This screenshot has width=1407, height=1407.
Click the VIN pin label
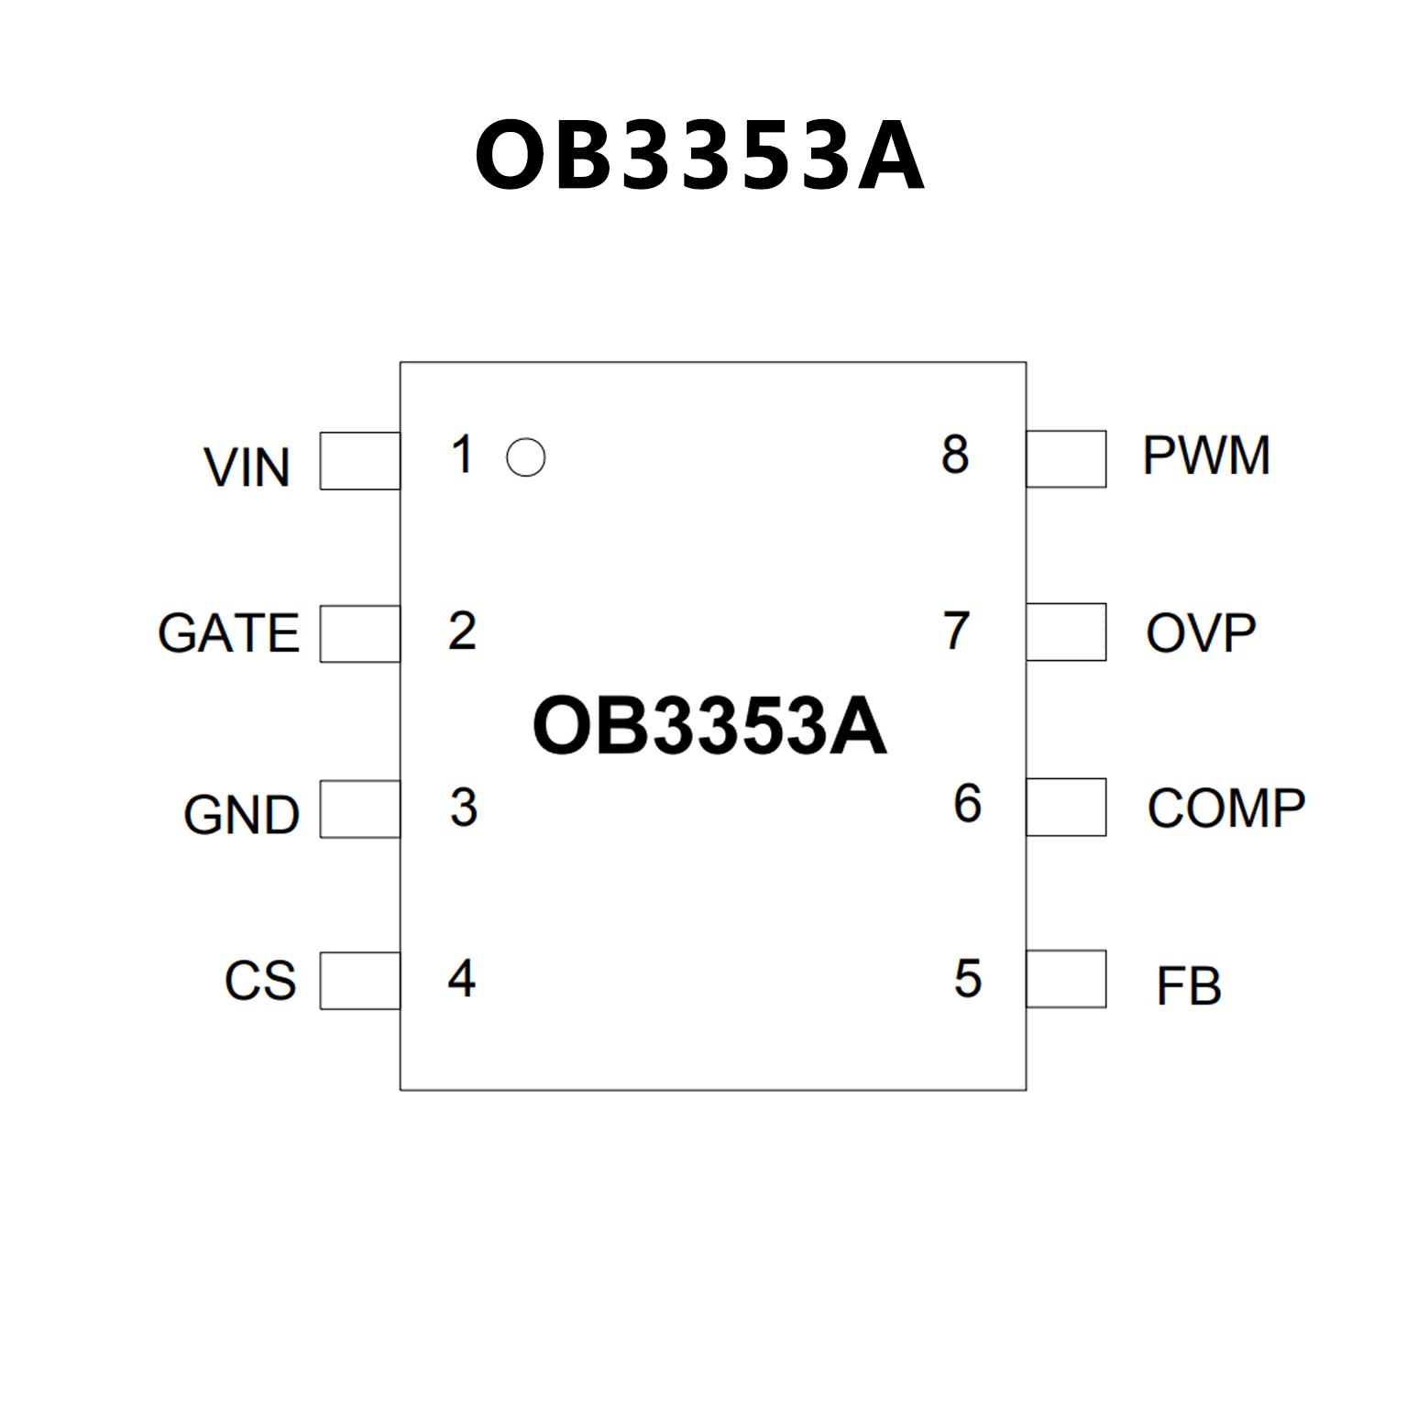click(x=247, y=467)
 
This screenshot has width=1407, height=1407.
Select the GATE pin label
click(x=228, y=632)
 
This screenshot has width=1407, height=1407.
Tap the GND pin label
click(x=241, y=814)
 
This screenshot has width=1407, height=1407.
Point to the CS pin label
click(x=260, y=980)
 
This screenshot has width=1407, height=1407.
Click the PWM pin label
click(x=1206, y=456)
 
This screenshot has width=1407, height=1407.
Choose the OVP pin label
click(x=1201, y=632)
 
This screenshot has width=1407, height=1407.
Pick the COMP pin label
click(x=1226, y=808)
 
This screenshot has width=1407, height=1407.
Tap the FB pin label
click(x=1189, y=986)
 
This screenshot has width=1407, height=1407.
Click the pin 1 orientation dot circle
click(x=525, y=457)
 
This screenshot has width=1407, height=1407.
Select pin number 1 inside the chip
click(x=462, y=455)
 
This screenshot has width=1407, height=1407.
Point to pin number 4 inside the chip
click(x=462, y=978)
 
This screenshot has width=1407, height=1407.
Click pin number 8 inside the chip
click(x=955, y=455)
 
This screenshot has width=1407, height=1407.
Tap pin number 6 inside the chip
click(x=967, y=804)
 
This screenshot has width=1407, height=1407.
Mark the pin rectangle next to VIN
click(x=359, y=460)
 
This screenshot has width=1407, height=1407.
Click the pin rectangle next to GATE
click(x=359, y=633)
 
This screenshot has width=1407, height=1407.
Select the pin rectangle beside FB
click(x=1066, y=979)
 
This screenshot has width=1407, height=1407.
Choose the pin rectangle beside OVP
click(x=1066, y=632)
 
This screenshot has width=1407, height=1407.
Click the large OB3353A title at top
click(x=699, y=156)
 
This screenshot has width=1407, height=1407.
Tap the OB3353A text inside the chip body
click(x=709, y=726)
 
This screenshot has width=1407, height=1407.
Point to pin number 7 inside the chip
click(x=956, y=631)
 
